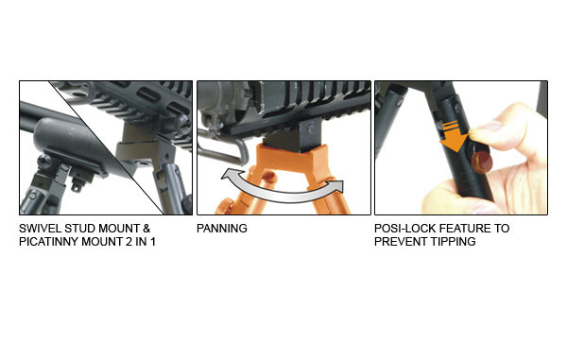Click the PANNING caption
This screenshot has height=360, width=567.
click(x=222, y=229)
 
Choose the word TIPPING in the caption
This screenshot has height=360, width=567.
click(x=454, y=242)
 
